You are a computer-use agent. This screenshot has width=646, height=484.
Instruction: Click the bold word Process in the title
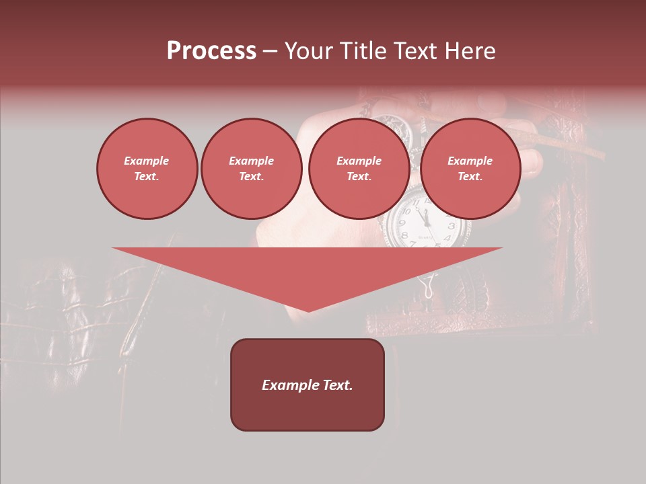coord(211,51)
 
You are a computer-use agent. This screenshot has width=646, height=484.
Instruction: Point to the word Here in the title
coord(470,51)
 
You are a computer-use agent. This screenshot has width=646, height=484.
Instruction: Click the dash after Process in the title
coord(270,52)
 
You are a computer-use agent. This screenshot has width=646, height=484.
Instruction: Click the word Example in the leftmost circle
coord(147,161)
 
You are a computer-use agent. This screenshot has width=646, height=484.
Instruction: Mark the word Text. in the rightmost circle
coord(470,176)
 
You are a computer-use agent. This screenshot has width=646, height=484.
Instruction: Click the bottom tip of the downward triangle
coord(308,310)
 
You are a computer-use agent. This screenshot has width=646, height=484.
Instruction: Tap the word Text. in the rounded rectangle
coord(338,385)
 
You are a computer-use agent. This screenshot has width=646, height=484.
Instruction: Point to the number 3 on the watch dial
coord(451,226)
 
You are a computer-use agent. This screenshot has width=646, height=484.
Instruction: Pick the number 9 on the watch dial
coord(402,223)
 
